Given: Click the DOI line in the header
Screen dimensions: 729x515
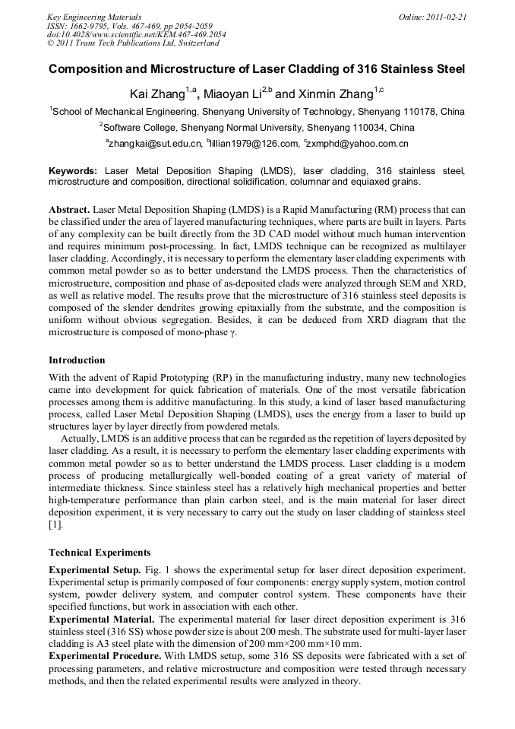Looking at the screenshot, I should click(x=136, y=34).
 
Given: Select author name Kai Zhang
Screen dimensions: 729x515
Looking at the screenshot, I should click(x=160, y=94).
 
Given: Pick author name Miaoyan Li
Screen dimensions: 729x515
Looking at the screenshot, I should click(x=232, y=94).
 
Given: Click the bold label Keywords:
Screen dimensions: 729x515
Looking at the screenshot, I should click(x=73, y=172).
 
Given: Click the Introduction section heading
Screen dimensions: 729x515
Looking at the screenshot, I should click(x=77, y=360).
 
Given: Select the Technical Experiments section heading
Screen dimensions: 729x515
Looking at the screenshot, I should click(x=100, y=553).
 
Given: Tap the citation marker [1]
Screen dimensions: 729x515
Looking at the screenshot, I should click(x=55, y=525).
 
